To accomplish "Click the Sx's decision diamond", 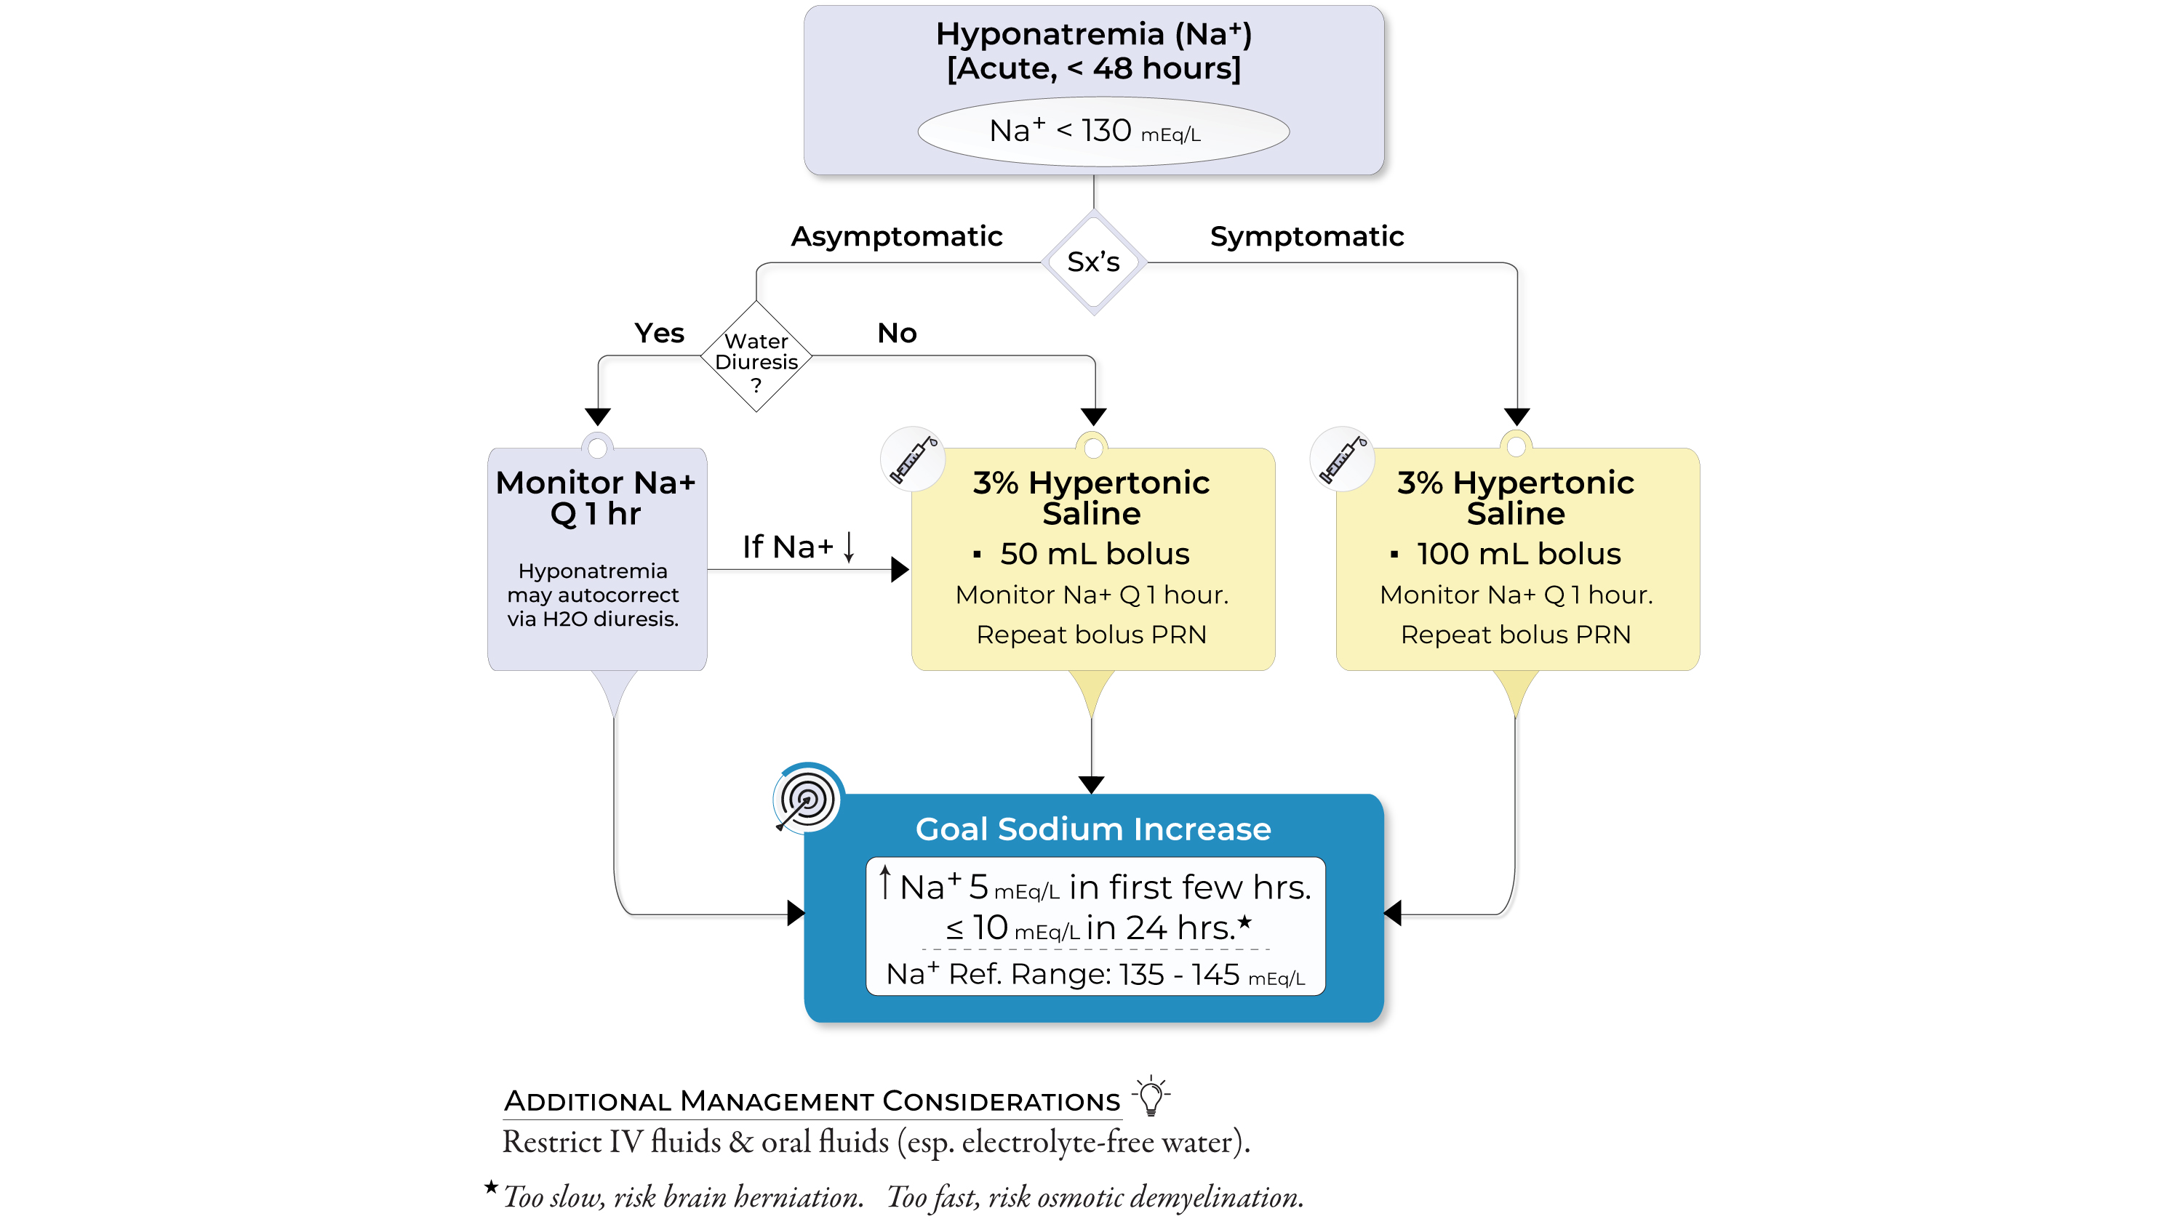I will pos(1093,262).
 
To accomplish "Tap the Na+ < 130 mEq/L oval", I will pos(1103,132).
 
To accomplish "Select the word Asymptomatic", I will pos(896,236).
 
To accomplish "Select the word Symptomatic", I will pos(1306,236).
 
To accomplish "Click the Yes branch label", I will pos(659,333).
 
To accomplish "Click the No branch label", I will pos(897,333).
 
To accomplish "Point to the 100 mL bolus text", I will pos(1518,554).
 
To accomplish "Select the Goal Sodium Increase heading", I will pos(1092,829).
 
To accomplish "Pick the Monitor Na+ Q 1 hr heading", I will pos(596,498).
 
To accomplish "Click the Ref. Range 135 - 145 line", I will pos(1095,975).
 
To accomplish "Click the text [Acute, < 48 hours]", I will pos(1093,68).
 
